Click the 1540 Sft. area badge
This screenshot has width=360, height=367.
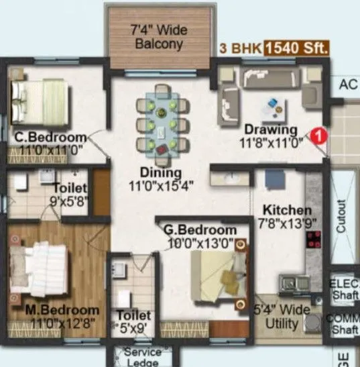tap(296, 48)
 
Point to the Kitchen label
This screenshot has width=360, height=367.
tap(286, 209)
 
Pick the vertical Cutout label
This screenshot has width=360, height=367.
tap(342, 214)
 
